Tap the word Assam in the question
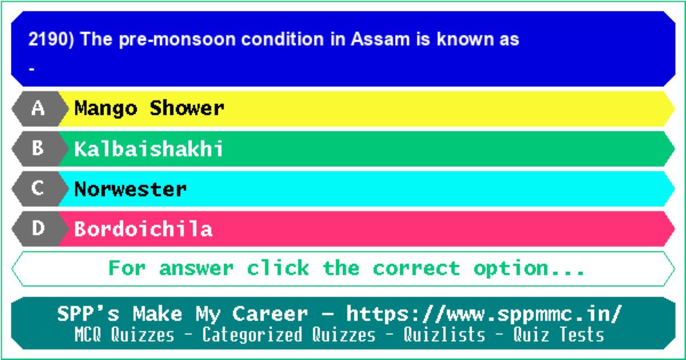pyautogui.click(x=380, y=39)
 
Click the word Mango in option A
pyautogui.click(x=106, y=109)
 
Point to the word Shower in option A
pyautogui.click(x=187, y=108)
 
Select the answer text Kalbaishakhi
pyautogui.click(x=149, y=149)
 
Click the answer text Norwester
pyautogui.click(x=130, y=189)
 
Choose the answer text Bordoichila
pyautogui.click(x=143, y=229)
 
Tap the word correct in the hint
pyautogui.click(x=417, y=268)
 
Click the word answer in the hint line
pyautogui.click(x=196, y=268)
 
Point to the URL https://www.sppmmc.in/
pyautogui.click(x=484, y=314)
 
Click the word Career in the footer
pyautogui.click(x=270, y=314)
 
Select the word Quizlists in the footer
pyautogui.click(x=444, y=334)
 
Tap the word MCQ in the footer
pyautogui.click(x=88, y=334)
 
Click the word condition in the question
pyautogui.click(x=282, y=39)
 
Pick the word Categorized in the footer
pyautogui.click(x=252, y=335)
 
